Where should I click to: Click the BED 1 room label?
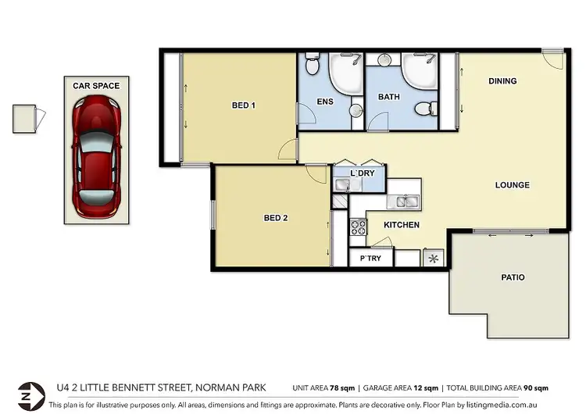[244, 105]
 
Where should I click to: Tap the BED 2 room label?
[276, 218]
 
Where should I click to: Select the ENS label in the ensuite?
[324, 102]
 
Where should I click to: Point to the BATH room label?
[388, 98]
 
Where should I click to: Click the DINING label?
[502, 81]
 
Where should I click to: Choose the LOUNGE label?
[512, 185]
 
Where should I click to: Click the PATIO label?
[513, 277]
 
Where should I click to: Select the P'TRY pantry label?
[370, 259]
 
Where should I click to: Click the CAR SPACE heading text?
[96, 85]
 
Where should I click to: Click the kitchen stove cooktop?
[358, 227]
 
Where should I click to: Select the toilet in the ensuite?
[313, 65]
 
